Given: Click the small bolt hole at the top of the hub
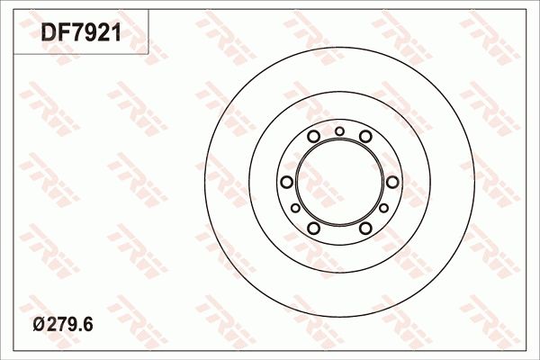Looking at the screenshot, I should (x=339, y=131).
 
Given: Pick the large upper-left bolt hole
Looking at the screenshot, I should (x=313, y=137).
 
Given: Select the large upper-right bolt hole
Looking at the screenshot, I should (x=365, y=137).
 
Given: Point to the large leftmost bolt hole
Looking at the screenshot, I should (x=287, y=182).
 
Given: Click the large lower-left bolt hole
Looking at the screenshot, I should (x=313, y=227).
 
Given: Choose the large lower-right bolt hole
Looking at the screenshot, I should (x=365, y=227).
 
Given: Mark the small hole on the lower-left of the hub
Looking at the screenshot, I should (x=295, y=208).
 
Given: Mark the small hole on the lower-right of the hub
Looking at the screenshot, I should (x=383, y=208).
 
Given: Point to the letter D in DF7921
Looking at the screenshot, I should (x=49, y=33).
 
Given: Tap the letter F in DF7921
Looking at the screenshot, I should (x=66, y=33).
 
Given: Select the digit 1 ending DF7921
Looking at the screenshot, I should (x=114, y=33).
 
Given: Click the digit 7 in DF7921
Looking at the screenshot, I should (x=80, y=33).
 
